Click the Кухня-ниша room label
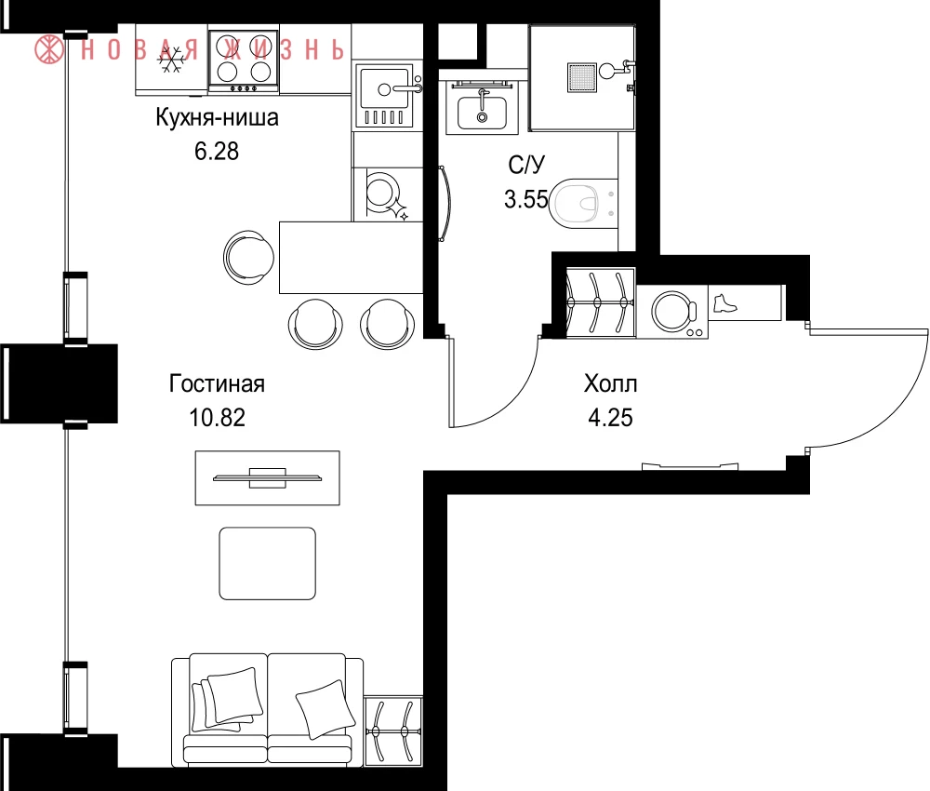tap(217, 117)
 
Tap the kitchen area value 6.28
tap(217, 152)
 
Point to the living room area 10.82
tap(217, 418)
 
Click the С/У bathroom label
tap(526, 165)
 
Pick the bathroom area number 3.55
tap(525, 199)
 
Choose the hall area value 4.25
tap(610, 418)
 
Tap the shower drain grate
tap(581, 78)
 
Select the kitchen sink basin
tap(385, 89)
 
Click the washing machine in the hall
tap(672, 312)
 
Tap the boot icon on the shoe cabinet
tap(724, 303)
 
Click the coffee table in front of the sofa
tap(268, 563)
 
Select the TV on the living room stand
tap(268, 477)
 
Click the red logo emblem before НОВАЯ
tap(49, 49)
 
